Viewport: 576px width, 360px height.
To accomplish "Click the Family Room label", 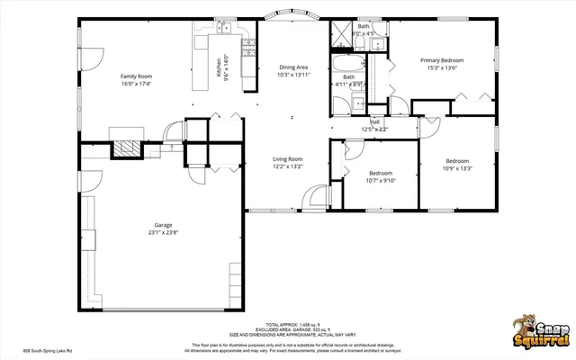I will point(136,76).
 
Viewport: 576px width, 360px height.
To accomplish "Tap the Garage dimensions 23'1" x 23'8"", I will point(162,232).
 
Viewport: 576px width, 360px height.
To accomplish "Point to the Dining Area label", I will point(293,67).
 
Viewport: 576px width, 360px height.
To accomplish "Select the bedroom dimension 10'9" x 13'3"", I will point(458,167).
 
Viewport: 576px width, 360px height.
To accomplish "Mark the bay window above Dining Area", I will point(293,16).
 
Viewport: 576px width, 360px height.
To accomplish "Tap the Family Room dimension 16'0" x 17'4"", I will point(136,85).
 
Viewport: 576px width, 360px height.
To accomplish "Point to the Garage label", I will point(162,225).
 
